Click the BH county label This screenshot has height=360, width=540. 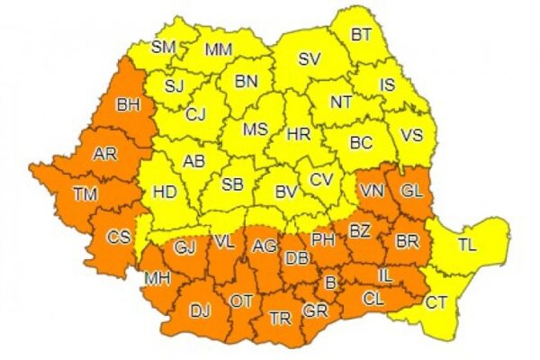[130, 105]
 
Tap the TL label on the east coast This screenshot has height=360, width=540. [468, 244]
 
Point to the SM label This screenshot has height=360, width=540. [164, 46]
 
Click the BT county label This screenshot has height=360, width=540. [361, 36]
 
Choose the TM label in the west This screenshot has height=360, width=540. [85, 193]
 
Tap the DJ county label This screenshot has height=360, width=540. [200, 311]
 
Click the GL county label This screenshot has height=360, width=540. [410, 191]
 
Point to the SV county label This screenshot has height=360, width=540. [310, 60]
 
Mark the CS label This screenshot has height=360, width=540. [119, 238]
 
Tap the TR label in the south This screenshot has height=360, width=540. [280, 318]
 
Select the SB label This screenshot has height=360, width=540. [233, 185]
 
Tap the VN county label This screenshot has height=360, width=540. [370, 192]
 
